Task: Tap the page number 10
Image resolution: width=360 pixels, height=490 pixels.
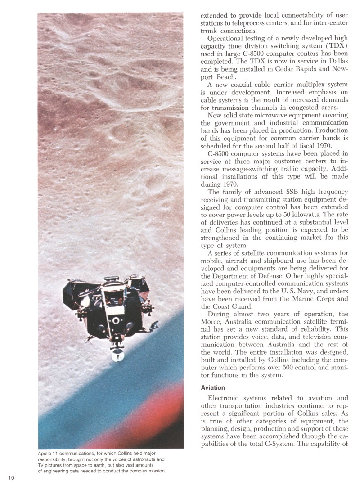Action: pos(11,478)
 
